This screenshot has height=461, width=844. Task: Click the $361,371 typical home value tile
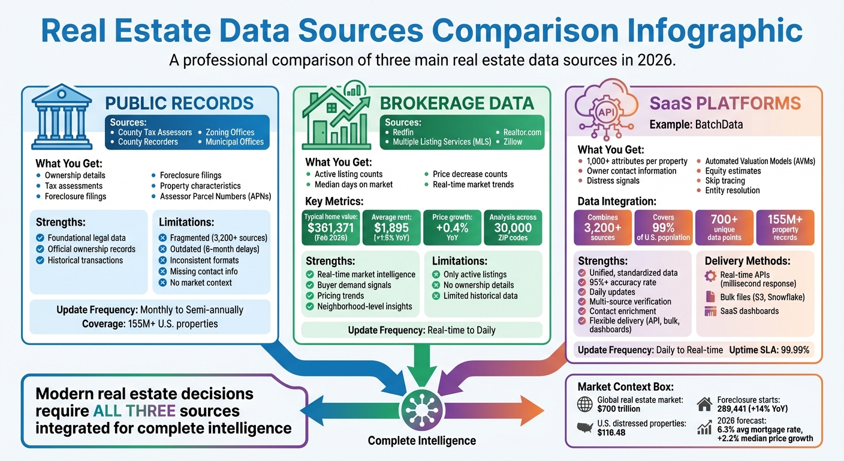pyautogui.click(x=330, y=227)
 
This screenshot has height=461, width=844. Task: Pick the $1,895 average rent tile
pyautogui.click(x=391, y=227)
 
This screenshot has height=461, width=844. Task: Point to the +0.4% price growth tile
pyautogui.click(x=451, y=227)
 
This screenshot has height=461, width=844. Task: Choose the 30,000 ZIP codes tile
pyautogui.click(x=513, y=227)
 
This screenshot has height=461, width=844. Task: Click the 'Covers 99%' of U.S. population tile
pyautogui.click(x=663, y=227)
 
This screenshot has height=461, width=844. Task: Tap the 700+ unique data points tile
pyautogui.click(x=724, y=227)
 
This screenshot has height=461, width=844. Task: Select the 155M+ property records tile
pyautogui.click(x=785, y=227)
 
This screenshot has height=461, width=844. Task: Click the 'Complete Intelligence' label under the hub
pyautogui.click(x=421, y=441)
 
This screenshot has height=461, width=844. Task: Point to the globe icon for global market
pyautogui.click(x=584, y=404)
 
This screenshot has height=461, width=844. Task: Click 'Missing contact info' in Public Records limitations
pyautogui.click(x=203, y=271)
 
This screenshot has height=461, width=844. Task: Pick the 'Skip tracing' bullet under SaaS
pyautogui.click(x=724, y=181)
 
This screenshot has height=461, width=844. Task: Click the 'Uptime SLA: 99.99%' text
pyautogui.click(x=768, y=350)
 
